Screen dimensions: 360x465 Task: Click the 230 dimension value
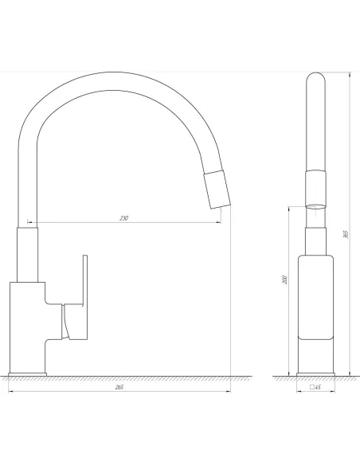(124, 218)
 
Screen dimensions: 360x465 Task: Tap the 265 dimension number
(119, 387)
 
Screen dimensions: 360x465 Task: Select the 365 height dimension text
(346, 235)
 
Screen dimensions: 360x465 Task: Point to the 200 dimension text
(285, 279)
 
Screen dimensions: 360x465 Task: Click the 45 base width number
(318, 387)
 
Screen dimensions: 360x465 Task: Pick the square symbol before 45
(312, 387)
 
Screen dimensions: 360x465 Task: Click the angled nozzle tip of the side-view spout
(217, 190)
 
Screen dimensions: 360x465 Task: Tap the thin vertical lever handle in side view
(85, 297)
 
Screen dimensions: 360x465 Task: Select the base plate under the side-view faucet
(28, 374)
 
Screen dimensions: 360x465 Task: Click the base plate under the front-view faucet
(316, 374)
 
